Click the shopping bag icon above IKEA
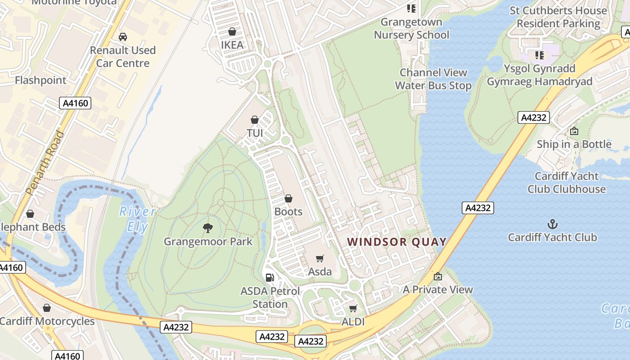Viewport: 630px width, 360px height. (x=232, y=31)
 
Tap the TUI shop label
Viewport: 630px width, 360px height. (x=255, y=133)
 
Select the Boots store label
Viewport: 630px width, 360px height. (x=288, y=211)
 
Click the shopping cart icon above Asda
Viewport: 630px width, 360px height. (x=320, y=258)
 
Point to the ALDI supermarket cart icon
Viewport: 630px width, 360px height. (x=353, y=308)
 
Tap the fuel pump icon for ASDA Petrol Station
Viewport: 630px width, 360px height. (x=270, y=278)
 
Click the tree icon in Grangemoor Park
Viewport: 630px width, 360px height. (x=207, y=228)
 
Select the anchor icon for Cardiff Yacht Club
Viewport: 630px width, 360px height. (x=552, y=224)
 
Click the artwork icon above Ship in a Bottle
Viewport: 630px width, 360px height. (x=574, y=131)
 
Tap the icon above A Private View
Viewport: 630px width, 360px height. (x=438, y=276)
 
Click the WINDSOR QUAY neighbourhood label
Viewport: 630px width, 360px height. (x=397, y=242)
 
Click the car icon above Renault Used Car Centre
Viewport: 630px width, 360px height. (x=122, y=37)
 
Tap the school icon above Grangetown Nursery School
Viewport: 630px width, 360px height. (x=411, y=8)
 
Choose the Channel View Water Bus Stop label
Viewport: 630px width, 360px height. (x=433, y=79)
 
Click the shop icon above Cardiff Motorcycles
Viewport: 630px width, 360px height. (x=47, y=308)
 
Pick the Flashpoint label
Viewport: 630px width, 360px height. (x=40, y=80)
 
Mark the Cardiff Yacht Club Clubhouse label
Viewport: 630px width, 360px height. (x=567, y=182)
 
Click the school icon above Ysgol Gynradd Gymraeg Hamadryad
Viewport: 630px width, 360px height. (x=539, y=55)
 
